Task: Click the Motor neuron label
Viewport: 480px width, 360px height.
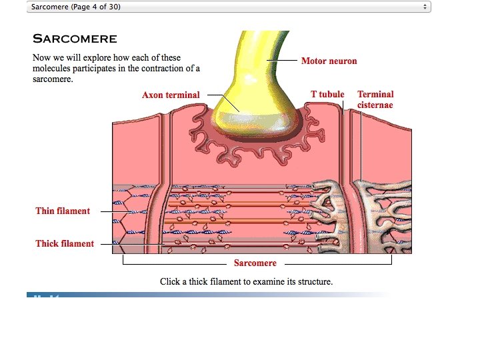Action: pyautogui.click(x=329, y=61)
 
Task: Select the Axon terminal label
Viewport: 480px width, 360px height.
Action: pyautogui.click(x=170, y=95)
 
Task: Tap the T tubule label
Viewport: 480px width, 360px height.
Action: pyautogui.click(x=327, y=95)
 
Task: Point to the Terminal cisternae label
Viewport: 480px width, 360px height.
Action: pyautogui.click(x=375, y=99)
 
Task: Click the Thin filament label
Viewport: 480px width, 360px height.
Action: pyautogui.click(x=63, y=211)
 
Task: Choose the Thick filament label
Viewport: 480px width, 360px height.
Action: pyautogui.click(x=65, y=244)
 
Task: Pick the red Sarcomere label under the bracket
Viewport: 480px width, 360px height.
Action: pyautogui.click(x=255, y=263)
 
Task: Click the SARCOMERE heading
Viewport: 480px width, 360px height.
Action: pyautogui.click(x=75, y=39)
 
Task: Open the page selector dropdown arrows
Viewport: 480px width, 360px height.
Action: pyautogui.click(x=425, y=7)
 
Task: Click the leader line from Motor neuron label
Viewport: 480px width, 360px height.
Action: pyautogui.click(x=284, y=61)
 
